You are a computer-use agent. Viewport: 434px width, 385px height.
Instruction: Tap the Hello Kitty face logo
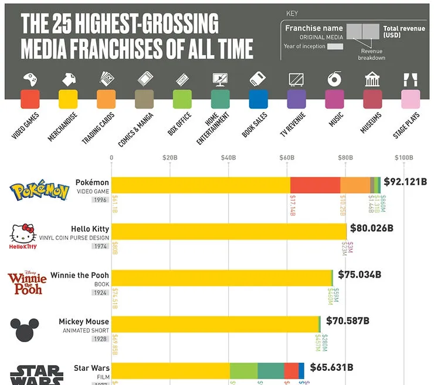click(x=23, y=235)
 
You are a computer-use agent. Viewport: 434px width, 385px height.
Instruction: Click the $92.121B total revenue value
click(x=405, y=181)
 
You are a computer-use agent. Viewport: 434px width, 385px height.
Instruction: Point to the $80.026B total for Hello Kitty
click(x=371, y=228)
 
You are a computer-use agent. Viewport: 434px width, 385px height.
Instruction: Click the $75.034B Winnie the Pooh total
click(x=360, y=274)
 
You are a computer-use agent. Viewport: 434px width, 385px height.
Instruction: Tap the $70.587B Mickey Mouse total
click(x=348, y=320)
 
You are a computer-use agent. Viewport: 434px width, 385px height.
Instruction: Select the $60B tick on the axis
click(x=287, y=157)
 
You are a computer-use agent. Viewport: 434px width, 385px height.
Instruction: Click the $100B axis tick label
click(x=404, y=157)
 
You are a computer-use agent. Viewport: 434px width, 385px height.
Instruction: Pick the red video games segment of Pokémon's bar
click(x=315, y=185)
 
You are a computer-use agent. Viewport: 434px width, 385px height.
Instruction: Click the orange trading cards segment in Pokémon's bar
click(x=355, y=185)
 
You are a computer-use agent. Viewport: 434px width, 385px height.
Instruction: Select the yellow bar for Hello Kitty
click(x=229, y=231)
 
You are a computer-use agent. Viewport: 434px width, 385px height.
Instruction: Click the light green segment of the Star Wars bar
click(x=243, y=370)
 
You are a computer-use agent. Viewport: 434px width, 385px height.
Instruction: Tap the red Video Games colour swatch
click(x=30, y=99)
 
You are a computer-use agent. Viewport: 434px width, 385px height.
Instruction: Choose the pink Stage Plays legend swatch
click(x=411, y=99)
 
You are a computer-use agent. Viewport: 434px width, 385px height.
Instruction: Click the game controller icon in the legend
click(x=30, y=79)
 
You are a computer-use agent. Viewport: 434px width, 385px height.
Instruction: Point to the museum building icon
click(x=372, y=79)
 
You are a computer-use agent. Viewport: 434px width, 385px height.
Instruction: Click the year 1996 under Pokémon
click(x=100, y=200)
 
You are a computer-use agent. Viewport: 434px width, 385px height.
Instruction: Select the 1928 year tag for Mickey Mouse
click(x=100, y=339)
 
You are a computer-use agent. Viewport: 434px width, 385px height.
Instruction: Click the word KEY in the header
click(x=292, y=13)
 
